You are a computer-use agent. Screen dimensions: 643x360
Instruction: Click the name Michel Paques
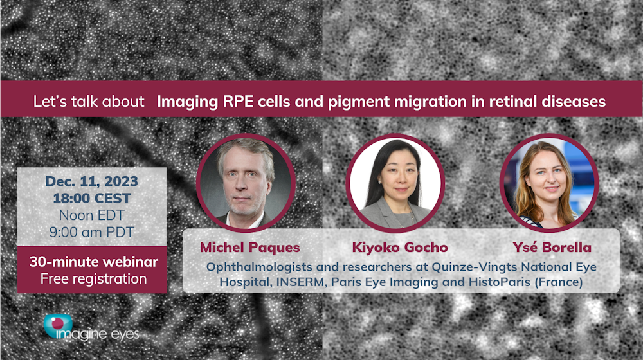click(x=250, y=248)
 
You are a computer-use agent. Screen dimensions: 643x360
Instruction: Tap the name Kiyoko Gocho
click(x=400, y=248)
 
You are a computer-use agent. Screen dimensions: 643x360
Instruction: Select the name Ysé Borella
click(x=552, y=248)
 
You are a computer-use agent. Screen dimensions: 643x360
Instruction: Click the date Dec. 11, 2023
click(x=92, y=181)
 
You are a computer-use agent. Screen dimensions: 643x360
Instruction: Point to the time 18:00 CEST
click(x=92, y=199)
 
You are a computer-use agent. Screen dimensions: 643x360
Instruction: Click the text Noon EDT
click(x=92, y=215)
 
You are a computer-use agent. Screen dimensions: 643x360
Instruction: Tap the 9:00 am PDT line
click(x=92, y=232)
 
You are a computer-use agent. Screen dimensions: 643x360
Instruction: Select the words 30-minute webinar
click(x=93, y=262)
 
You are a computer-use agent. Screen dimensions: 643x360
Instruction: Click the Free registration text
click(x=93, y=279)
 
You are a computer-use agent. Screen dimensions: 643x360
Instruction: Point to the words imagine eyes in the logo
click(x=98, y=334)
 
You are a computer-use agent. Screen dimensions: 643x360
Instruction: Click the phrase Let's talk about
click(x=89, y=102)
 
